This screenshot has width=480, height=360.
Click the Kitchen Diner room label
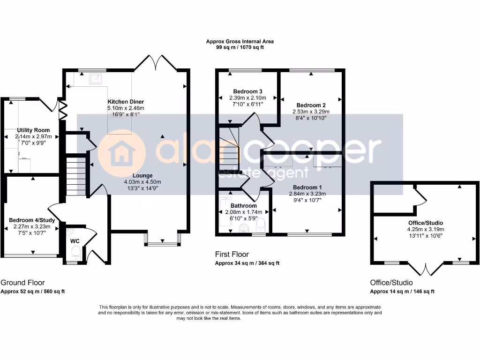[x=126, y=102]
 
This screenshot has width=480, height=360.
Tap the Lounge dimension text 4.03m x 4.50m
[x=142, y=182]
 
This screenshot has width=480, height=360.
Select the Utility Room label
[x=33, y=130]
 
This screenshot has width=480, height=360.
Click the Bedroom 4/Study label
[x=32, y=220]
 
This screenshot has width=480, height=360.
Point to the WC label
[x=75, y=241]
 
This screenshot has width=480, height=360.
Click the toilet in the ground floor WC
[x=75, y=253]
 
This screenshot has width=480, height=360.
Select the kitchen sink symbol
[x=95, y=79]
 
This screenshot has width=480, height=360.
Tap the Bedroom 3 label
[x=247, y=91]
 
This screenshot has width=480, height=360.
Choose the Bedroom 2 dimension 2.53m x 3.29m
[x=311, y=112]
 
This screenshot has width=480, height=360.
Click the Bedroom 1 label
[x=307, y=187]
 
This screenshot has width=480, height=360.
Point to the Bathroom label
[x=244, y=206]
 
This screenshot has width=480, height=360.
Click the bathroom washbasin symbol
[x=244, y=228]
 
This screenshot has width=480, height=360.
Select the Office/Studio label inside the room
[x=426, y=223]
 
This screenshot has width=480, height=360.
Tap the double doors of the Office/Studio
[x=426, y=269]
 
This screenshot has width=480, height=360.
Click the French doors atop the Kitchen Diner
[x=156, y=62]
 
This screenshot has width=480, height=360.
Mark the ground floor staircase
[x=76, y=176]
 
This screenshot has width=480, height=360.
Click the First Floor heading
[x=232, y=254]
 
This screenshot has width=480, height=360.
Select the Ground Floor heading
[x=22, y=283]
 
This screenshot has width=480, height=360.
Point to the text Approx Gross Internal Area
[x=240, y=41]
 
